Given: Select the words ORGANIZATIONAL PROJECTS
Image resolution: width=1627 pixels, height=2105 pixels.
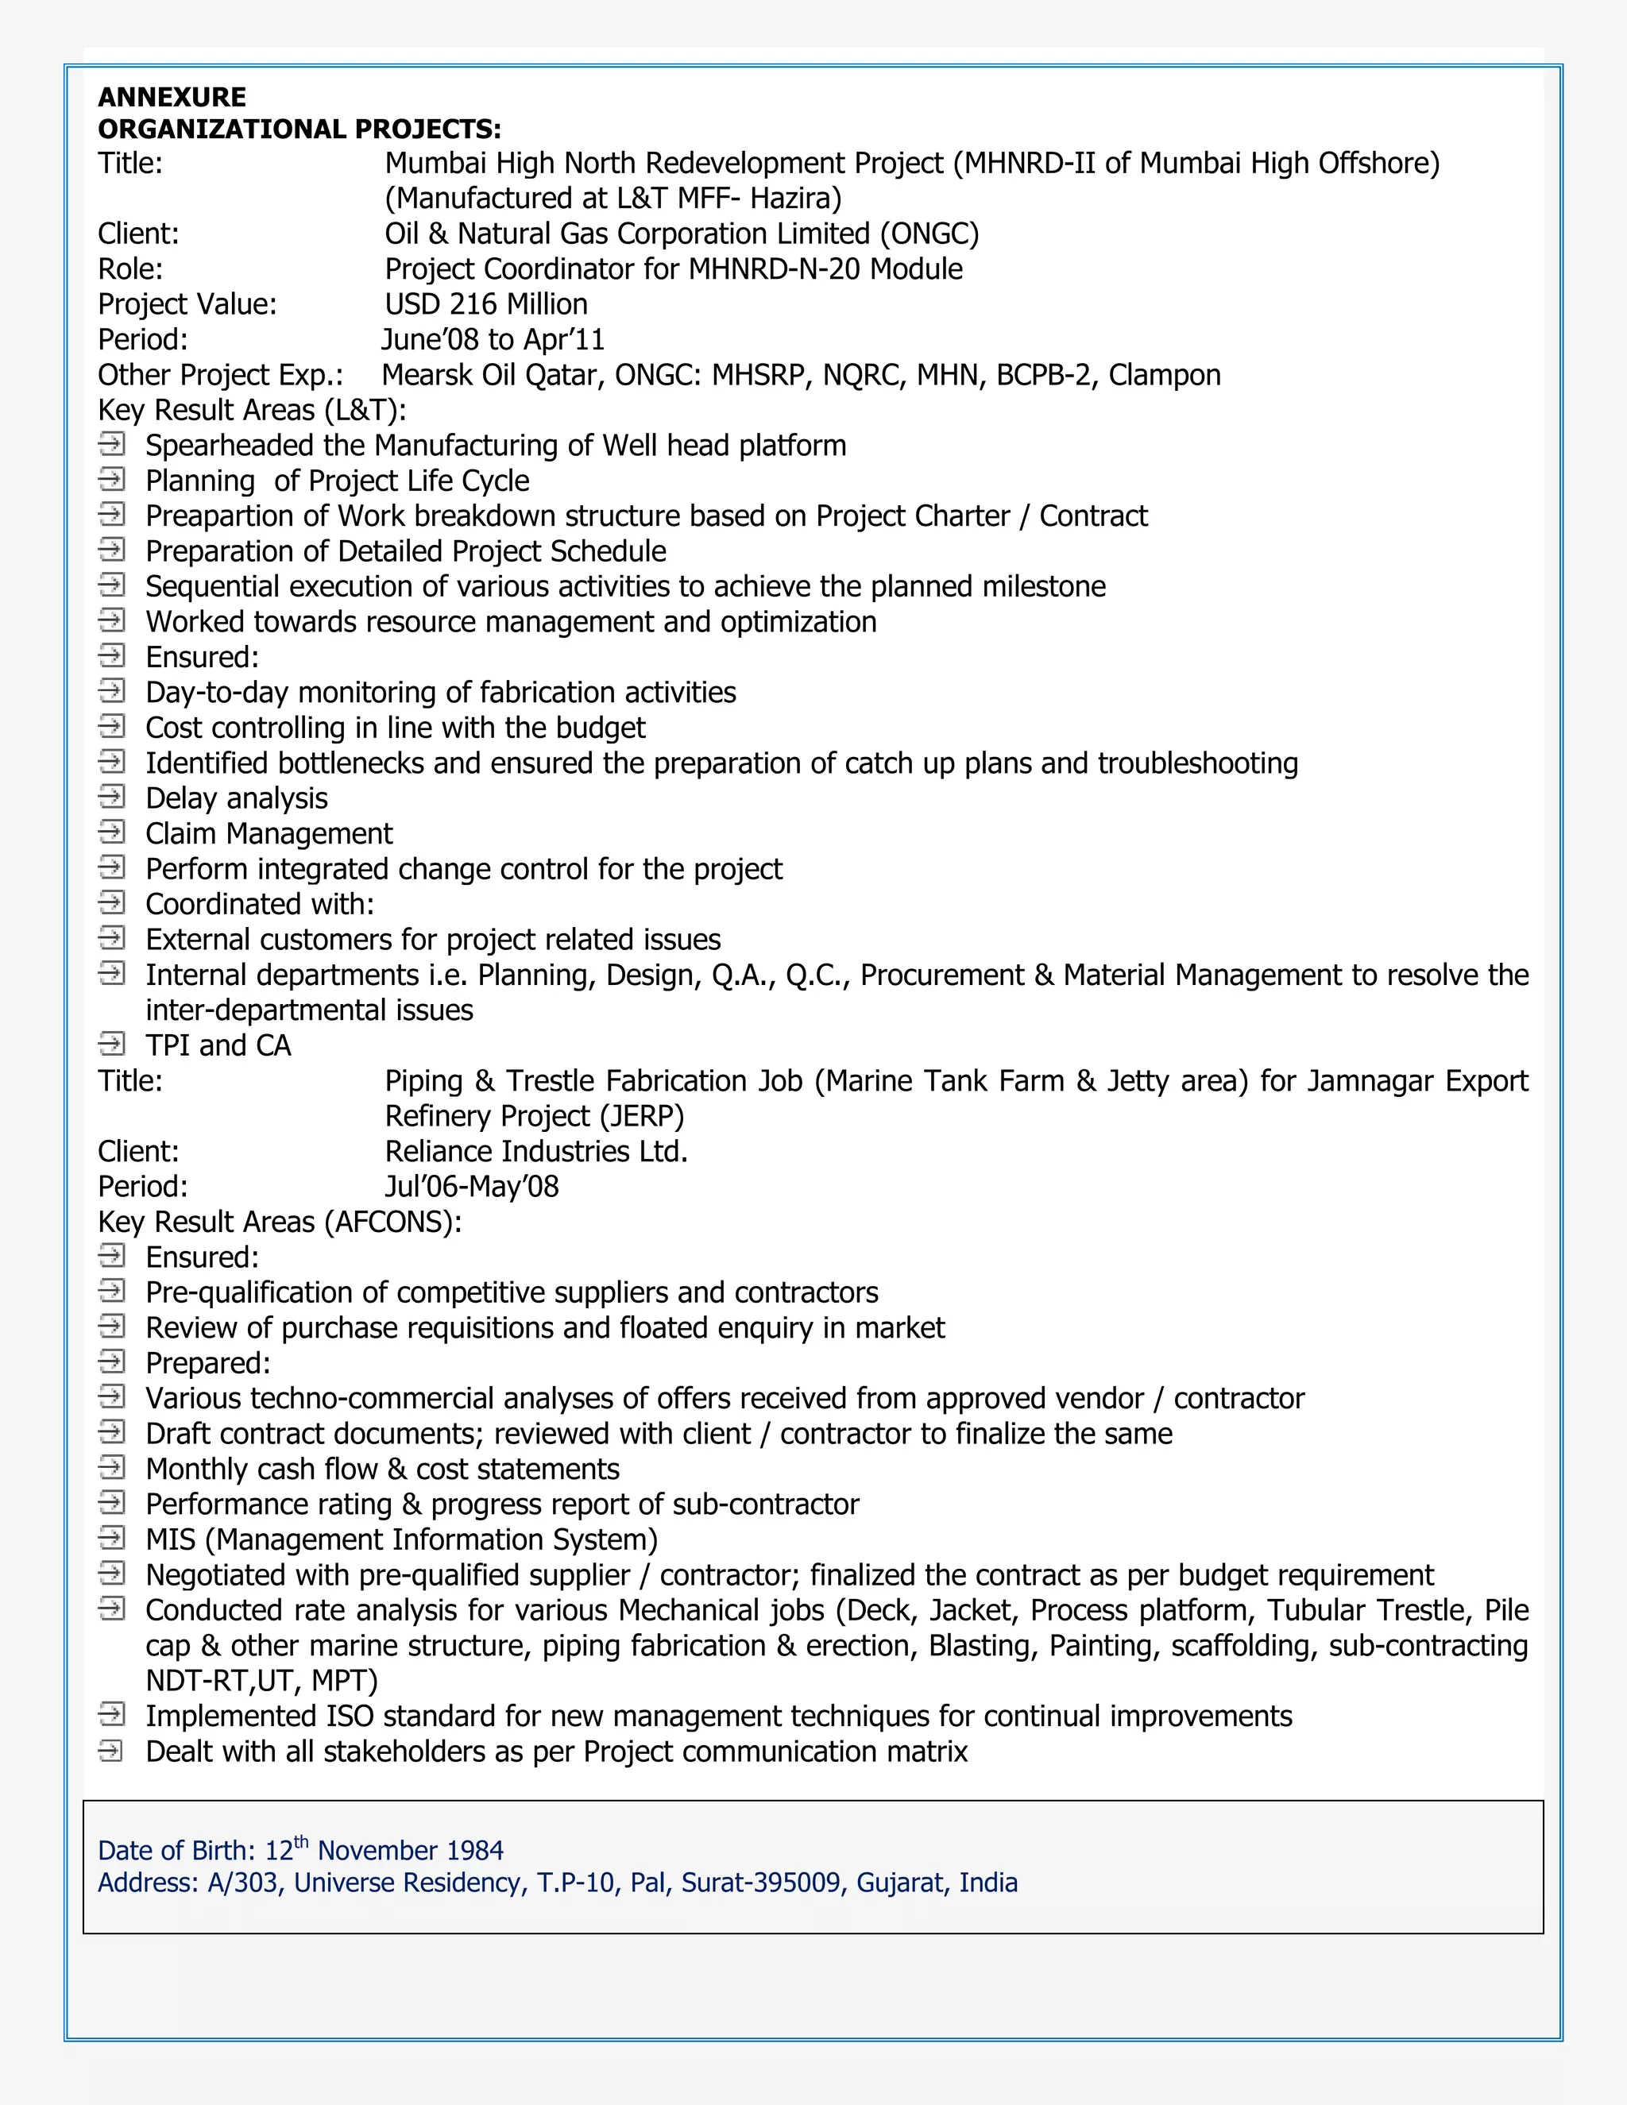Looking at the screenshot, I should [x=299, y=129].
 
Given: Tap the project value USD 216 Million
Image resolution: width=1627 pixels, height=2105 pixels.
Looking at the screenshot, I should [x=485, y=304].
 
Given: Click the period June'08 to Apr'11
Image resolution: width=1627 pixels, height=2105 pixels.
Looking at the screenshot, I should [x=493, y=340].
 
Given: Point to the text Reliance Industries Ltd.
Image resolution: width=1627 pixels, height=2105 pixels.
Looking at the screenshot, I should [x=536, y=1152].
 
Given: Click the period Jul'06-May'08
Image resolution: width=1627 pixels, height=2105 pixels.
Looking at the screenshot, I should [x=471, y=1187].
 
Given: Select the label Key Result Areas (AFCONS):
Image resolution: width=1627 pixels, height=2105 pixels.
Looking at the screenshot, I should [x=280, y=1222].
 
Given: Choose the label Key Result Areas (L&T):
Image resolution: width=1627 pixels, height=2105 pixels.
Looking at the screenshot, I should [x=252, y=411].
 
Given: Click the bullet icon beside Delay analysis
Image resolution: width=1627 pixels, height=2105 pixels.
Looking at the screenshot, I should [x=112, y=797].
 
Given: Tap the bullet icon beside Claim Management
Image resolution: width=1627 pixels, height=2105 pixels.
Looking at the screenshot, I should [x=112, y=832].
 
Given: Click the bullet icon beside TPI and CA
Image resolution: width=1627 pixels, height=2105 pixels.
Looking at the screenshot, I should [x=112, y=1044].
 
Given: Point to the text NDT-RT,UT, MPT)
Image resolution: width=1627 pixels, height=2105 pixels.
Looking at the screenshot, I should [x=261, y=1681].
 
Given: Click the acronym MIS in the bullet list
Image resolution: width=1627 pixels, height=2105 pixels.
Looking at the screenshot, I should [x=171, y=1540].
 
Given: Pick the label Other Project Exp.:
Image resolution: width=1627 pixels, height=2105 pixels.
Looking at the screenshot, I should [x=221, y=375].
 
